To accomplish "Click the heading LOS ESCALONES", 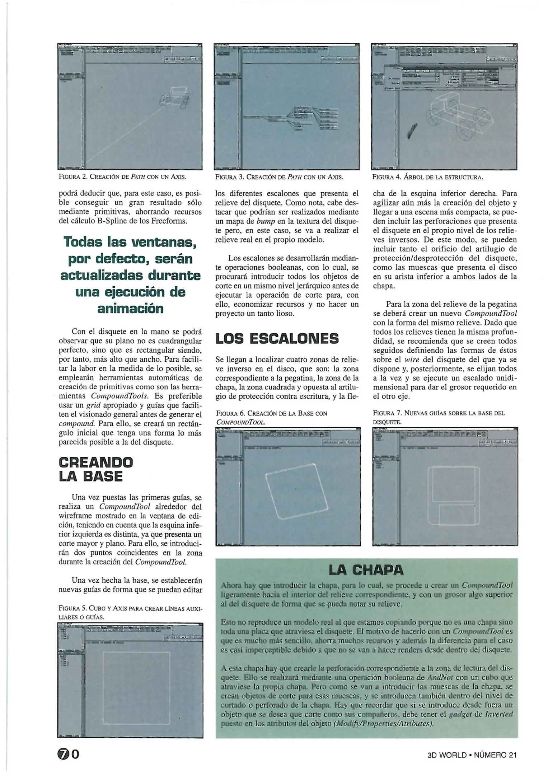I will pyautogui.click(x=277, y=339).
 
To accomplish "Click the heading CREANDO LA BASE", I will pyautogui.click(x=95, y=469).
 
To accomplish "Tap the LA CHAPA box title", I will pyautogui.click(x=366, y=570).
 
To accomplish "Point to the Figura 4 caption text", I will pyautogui.click(x=427, y=177).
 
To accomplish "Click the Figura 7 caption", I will pyautogui.click(x=439, y=417).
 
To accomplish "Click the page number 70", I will pyautogui.click(x=68, y=755).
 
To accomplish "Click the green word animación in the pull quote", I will pyautogui.click(x=130, y=309).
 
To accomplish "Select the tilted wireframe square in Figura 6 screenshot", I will pyautogui.click(x=297, y=492).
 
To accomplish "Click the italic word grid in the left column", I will pyautogui.click(x=93, y=405).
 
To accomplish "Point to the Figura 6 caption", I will pyautogui.click(x=271, y=417).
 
